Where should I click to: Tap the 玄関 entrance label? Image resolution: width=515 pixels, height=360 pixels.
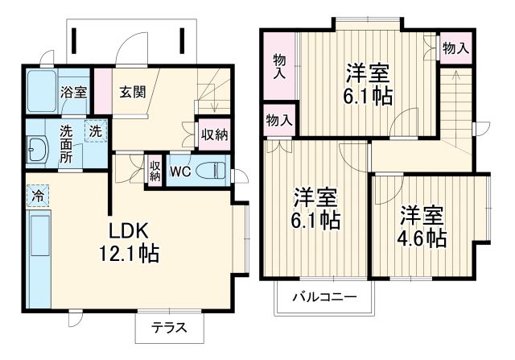point(134,92)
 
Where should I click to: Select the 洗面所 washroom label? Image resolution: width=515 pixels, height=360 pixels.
point(69,143)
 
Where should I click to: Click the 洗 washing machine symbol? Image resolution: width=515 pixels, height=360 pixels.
point(95,130)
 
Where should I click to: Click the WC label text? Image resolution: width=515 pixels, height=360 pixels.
point(179,171)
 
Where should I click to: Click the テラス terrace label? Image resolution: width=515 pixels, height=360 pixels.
point(169,328)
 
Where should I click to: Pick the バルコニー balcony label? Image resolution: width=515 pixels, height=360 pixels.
point(323,297)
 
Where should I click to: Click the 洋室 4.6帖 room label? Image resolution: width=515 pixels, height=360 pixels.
point(422,228)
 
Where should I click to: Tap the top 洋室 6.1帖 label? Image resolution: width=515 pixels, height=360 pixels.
point(369,84)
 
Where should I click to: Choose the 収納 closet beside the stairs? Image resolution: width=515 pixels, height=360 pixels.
point(213,134)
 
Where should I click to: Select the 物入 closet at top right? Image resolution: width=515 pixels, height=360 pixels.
point(456,49)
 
